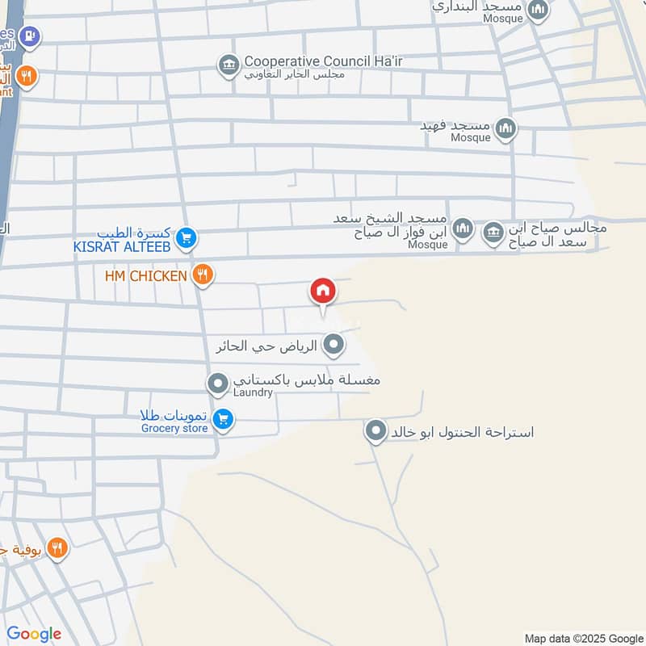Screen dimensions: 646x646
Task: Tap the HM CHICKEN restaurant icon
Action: tap(203, 275)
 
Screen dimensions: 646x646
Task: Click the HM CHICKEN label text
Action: tap(145, 276)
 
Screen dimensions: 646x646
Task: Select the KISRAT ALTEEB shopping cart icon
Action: tap(186, 237)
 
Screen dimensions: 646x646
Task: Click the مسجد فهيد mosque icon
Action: tap(505, 128)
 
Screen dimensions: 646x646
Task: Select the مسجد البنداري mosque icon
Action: tap(539, 10)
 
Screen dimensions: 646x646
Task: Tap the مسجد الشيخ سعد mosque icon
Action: tap(462, 230)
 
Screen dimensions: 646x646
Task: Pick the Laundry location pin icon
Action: tap(217, 384)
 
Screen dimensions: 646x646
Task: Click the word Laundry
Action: tap(254, 392)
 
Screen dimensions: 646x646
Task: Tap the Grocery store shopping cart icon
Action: tap(225, 420)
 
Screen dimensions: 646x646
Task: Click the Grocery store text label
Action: tap(174, 428)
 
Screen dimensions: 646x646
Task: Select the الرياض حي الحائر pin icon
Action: tap(333, 346)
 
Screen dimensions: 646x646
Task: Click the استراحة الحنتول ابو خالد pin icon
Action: tap(375, 432)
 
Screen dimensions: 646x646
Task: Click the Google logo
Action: tap(34, 634)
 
